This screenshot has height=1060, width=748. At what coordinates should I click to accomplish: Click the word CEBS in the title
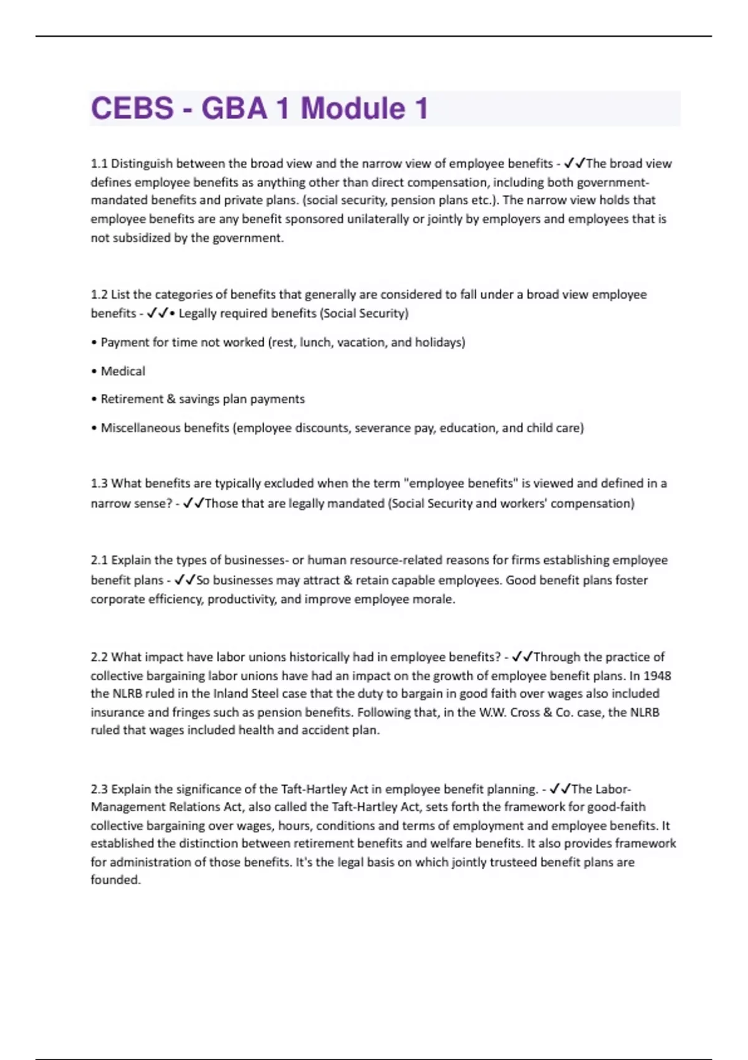(x=132, y=108)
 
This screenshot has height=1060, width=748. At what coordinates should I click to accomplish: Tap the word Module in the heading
(x=353, y=108)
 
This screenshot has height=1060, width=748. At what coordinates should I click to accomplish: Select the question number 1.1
(x=99, y=164)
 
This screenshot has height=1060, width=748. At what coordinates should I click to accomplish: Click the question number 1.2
(x=99, y=294)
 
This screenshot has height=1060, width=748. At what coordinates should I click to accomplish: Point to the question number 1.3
(x=99, y=483)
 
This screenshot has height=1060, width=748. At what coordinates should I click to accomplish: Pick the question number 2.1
(x=99, y=560)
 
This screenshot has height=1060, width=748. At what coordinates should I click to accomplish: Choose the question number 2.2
(x=99, y=657)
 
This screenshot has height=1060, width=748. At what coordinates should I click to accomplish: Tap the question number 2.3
(x=99, y=789)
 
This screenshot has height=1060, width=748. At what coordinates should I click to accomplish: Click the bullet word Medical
(x=123, y=371)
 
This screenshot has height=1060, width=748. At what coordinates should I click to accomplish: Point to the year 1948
(x=657, y=675)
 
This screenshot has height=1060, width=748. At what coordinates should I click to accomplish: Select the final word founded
(x=115, y=880)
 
